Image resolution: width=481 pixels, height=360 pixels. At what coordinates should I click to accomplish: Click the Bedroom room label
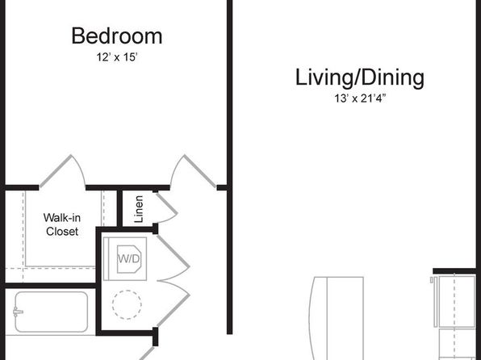point(117,36)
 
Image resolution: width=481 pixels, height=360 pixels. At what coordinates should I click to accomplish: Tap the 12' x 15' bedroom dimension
point(116,57)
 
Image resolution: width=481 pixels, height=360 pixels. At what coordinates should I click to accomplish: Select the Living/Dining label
point(360,78)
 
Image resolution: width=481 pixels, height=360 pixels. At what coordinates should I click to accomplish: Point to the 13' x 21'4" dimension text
point(359,98)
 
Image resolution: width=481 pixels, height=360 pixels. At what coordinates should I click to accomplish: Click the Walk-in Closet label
point(62,224)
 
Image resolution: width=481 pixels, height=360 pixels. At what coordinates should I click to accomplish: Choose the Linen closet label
point(139,209)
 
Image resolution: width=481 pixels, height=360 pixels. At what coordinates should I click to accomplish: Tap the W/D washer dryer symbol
point(125,259)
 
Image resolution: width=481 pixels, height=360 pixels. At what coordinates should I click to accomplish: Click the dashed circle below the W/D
point(127,304)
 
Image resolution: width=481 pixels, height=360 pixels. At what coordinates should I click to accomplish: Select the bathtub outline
point(52,312)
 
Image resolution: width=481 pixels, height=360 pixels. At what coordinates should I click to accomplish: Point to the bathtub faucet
point(18,312)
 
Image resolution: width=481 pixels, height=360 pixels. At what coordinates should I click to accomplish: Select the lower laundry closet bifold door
point(174,303)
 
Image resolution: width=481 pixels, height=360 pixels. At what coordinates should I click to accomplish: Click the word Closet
point(62,232)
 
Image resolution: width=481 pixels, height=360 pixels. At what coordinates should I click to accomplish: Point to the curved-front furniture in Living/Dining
point(337,318)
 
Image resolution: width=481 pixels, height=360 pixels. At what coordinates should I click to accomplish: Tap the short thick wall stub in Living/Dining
point(454,270)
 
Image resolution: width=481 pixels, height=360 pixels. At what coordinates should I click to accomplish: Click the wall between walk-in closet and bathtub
point(51,286)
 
